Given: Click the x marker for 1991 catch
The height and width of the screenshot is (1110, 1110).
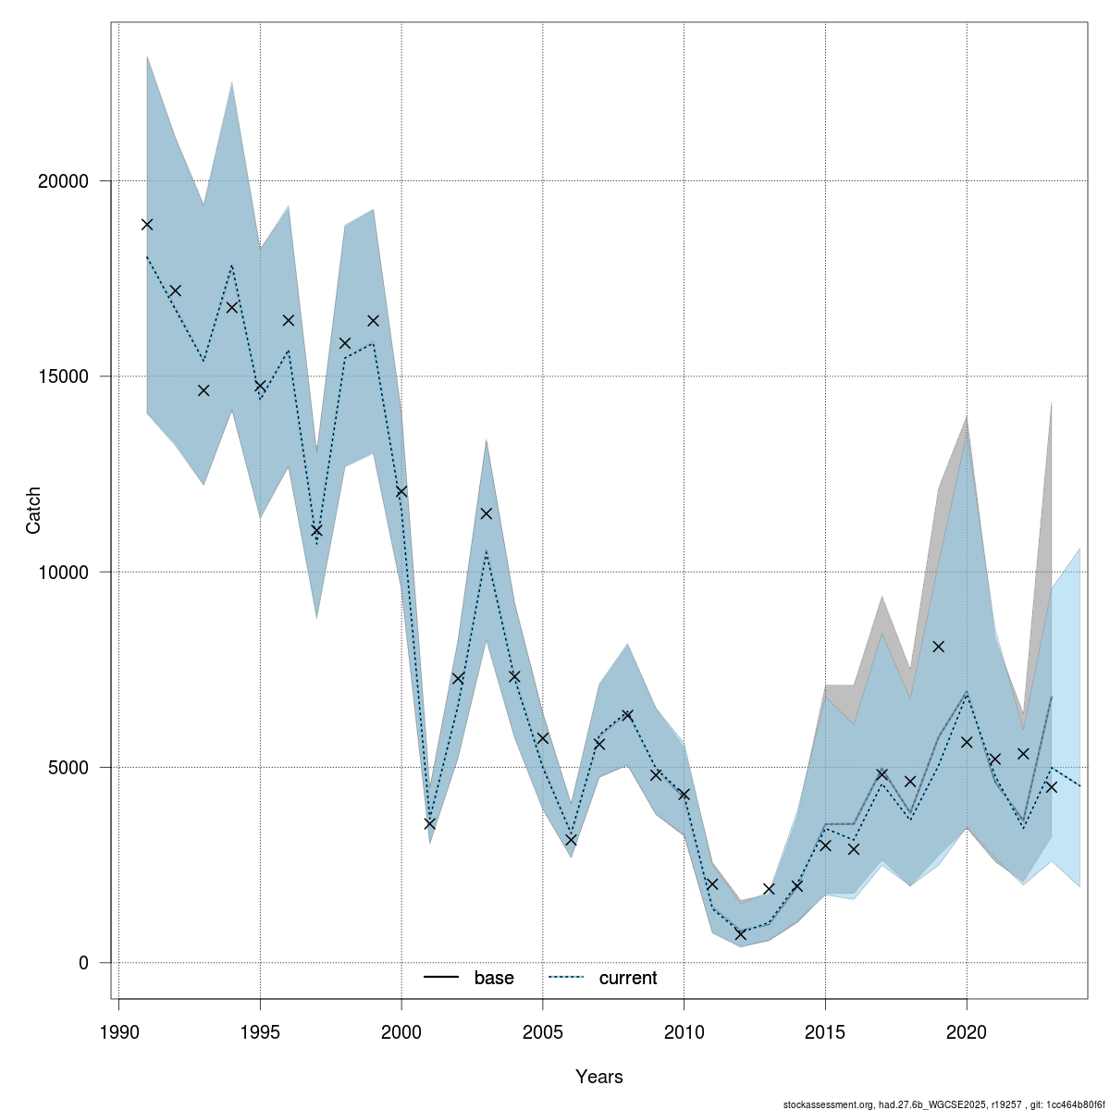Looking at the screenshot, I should tap(147, 224).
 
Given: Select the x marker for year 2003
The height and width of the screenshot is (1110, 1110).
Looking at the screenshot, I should tap(487, 513).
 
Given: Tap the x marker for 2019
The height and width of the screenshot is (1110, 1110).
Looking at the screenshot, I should tap(939, 647).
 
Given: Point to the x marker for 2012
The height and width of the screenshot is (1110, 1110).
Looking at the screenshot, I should tap(741, 934).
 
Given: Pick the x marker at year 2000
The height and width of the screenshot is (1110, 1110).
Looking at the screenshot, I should tap(401, 491).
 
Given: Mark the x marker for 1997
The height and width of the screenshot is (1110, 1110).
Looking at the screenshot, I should tap(316, 530).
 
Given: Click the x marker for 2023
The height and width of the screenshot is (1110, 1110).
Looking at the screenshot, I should tap(1052, 787).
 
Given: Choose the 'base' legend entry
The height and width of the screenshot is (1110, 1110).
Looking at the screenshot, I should tap(493, 978).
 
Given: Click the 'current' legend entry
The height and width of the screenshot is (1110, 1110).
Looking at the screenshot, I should tap(627, 978).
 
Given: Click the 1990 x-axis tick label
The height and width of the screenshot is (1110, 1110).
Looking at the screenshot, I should tap(118, 1031).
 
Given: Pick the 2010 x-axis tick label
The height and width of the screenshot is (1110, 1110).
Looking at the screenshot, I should tap(684, 1031).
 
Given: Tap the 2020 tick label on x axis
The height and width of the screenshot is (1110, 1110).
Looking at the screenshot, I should tap(967, 1031).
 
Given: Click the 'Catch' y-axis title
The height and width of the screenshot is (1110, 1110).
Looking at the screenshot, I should tap(34, 510).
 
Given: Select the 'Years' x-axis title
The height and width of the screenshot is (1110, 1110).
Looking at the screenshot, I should tap(599, 1077).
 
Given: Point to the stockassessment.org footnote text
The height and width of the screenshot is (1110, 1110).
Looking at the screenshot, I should tap(943, 1104).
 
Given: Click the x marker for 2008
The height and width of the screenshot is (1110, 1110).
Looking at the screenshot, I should tap(628, 715).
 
